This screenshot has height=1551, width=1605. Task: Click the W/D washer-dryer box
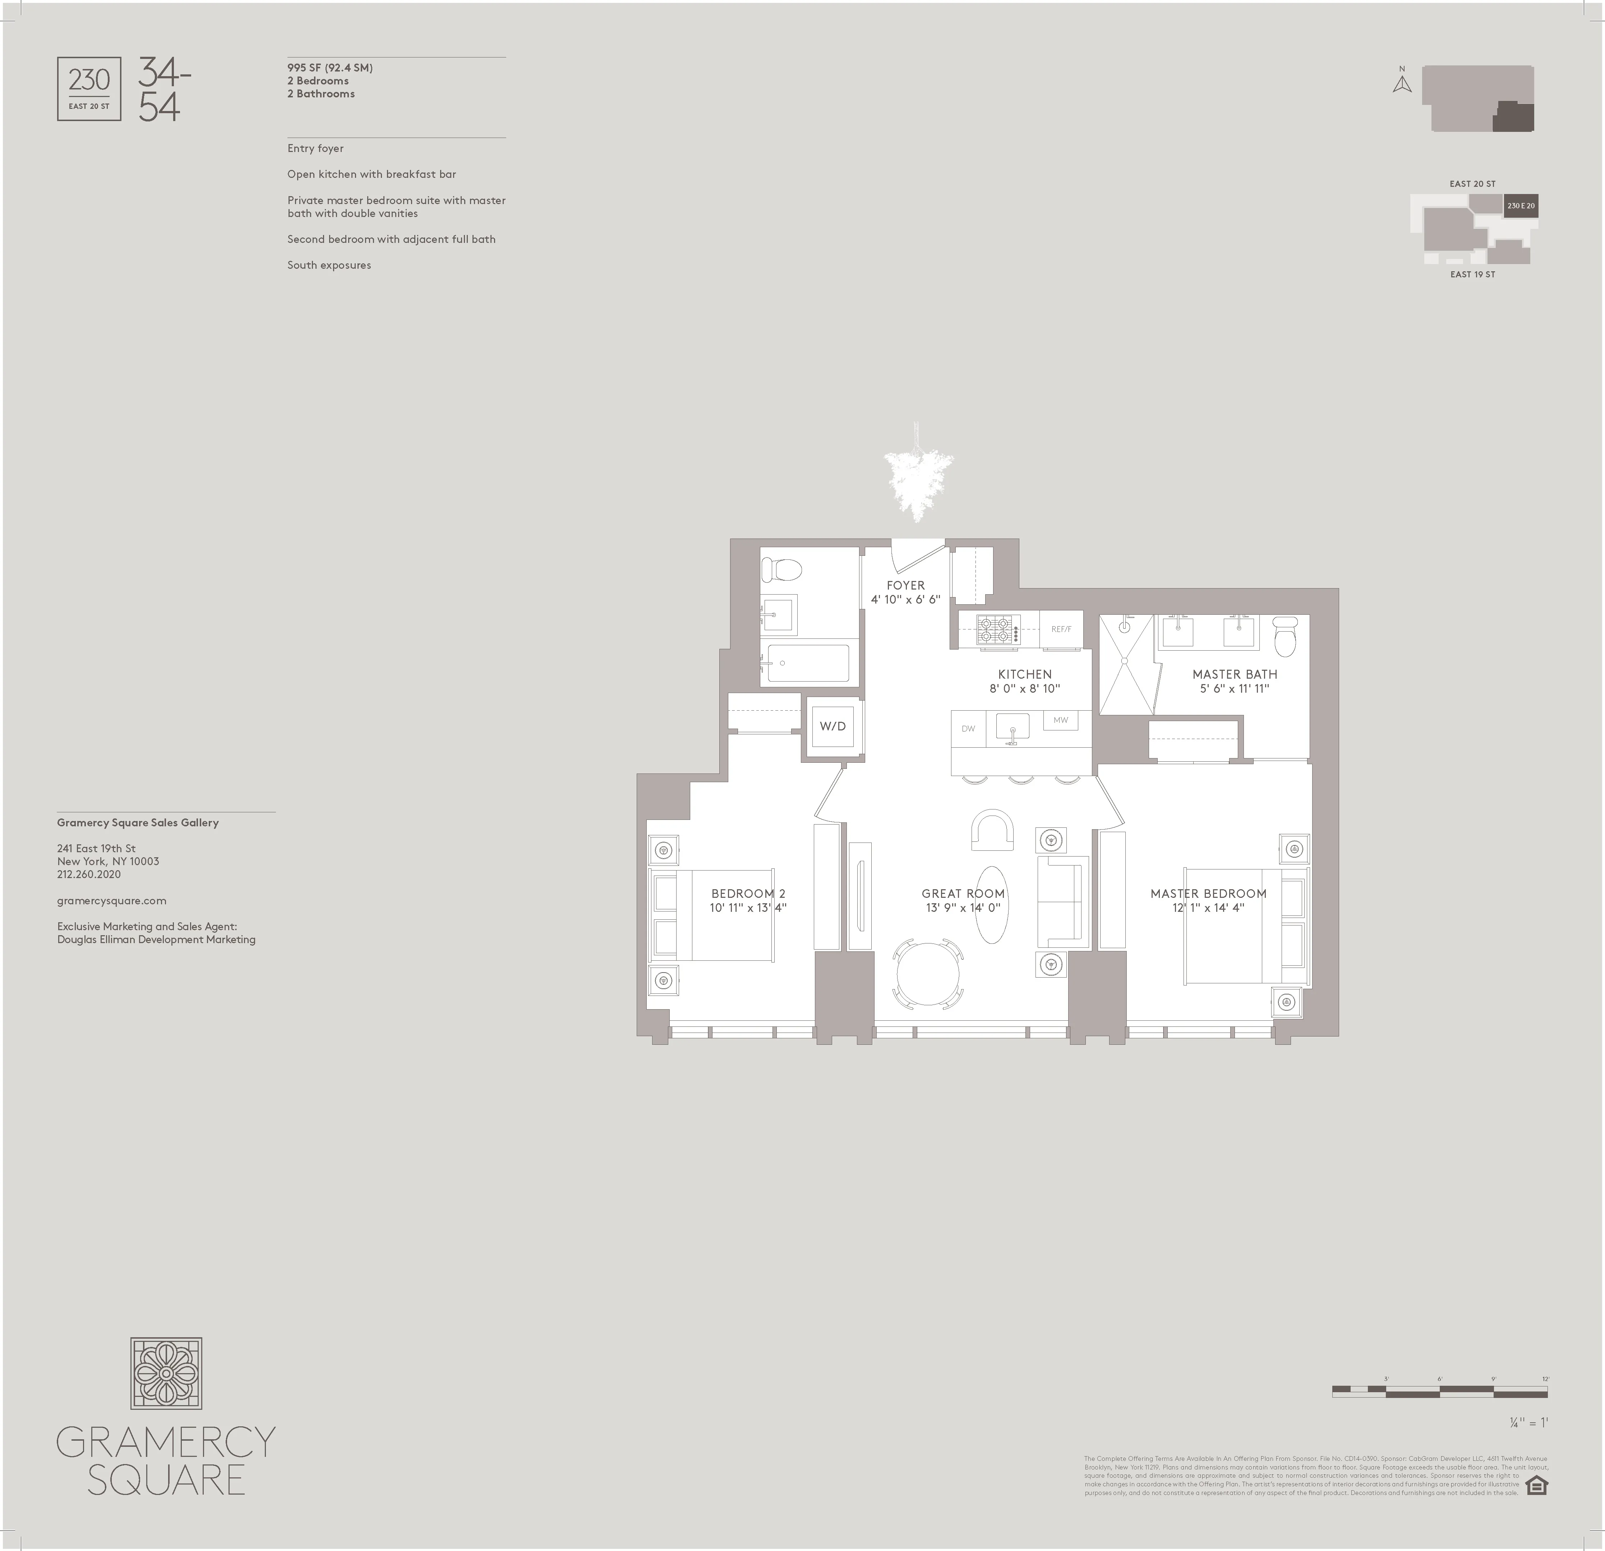pyautogui.click(x=833, y=726)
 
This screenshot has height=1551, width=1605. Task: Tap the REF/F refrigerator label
pyautogui.click(x=1061, y=629)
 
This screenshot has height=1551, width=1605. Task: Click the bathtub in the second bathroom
pyautogui.click(x=808, y=663)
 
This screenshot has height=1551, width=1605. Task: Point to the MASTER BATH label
pyautogui.click(x=1234, y=674)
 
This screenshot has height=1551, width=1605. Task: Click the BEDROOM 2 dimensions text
pyautogui.click(x=748, y=907)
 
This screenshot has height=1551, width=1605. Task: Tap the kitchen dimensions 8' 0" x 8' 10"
pyautogui.click(x=1024, y=689)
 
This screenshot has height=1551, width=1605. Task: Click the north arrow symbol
pyautogui.click(x=1402, y=84)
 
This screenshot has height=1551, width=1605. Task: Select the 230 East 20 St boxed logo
pyautogui.click(x=89, y=89)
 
